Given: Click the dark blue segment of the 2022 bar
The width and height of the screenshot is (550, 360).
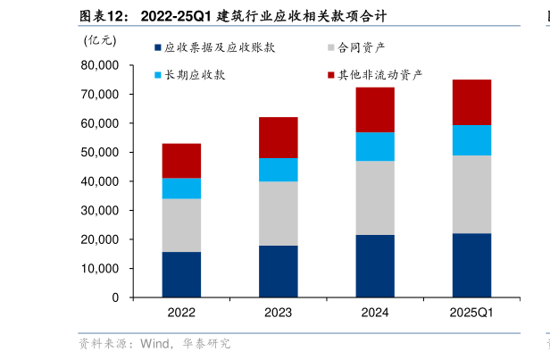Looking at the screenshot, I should (181, 274).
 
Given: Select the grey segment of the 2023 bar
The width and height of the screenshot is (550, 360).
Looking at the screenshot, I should (279, 213).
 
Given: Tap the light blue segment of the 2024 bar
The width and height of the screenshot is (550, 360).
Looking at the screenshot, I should (375, 147).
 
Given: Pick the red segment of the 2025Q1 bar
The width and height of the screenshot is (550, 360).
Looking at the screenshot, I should (471, 102).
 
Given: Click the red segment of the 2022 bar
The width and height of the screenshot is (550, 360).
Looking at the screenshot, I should (181, 161).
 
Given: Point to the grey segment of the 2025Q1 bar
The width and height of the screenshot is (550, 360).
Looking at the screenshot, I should (471, 194).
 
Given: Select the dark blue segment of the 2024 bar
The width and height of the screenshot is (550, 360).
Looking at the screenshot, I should (375, 266).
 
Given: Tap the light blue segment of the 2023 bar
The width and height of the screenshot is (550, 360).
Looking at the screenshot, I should (279, 170).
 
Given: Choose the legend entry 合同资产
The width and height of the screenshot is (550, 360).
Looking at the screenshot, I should (362, 47).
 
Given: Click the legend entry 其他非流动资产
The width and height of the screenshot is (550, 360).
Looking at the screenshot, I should (379, 75).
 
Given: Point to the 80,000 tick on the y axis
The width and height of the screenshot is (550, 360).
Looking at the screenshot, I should (100, 65).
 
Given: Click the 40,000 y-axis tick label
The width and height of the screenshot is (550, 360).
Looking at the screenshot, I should (100, 181).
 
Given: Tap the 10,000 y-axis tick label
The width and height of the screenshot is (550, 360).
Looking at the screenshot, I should (100, 269).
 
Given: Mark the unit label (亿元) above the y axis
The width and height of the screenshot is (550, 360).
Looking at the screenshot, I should (99, 39).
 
